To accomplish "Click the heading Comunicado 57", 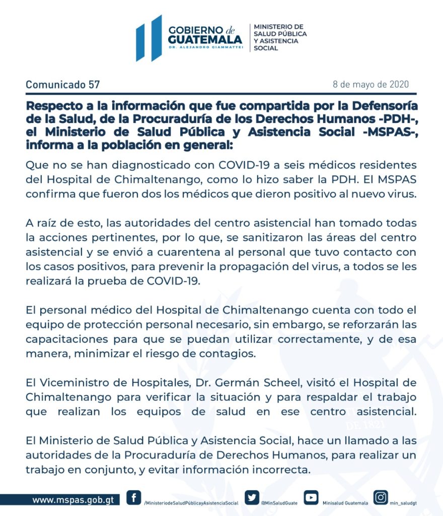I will point(62,85).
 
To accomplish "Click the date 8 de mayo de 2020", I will point(371,84).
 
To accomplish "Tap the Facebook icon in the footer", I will point(133,498).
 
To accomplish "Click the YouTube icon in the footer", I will point(311,498).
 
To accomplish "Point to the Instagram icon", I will point(381,498).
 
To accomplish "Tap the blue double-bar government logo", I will point(149,38).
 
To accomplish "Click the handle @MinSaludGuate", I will point(279,503).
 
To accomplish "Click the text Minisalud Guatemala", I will point(345,503).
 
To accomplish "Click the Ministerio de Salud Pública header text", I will point(279,37).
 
